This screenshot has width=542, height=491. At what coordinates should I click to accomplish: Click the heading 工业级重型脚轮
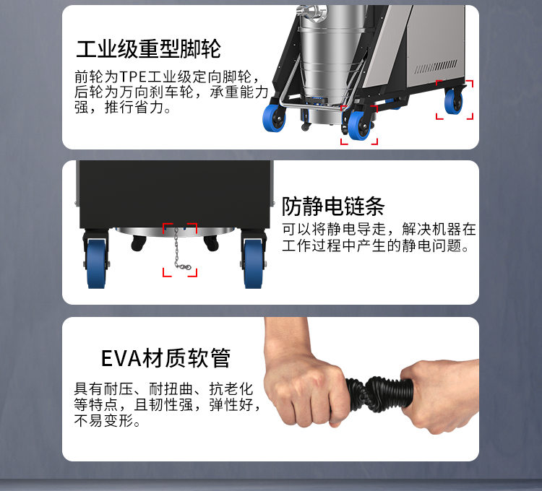tap(148, 49)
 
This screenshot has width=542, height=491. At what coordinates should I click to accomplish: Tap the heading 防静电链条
tap(333, 206)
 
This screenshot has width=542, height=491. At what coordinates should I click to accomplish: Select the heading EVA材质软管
tap(165, 358)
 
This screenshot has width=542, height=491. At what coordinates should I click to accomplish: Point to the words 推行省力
tap(134, 107)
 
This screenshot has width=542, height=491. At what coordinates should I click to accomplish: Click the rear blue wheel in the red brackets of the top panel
tap(454, 100)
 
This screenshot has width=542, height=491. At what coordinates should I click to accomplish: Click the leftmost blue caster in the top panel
tap(274, 118)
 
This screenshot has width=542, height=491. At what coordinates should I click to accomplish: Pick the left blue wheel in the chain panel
tap(96, 264)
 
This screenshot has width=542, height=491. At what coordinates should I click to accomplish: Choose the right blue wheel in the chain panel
tap(254, 264)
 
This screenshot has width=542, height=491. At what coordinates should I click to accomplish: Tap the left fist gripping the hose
tap(304, 387)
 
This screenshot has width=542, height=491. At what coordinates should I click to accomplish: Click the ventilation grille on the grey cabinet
tap(436, 66)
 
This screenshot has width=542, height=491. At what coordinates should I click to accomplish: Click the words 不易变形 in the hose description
tap(103, 420)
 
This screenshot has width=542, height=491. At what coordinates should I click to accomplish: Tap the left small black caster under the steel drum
tap(139, 243)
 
